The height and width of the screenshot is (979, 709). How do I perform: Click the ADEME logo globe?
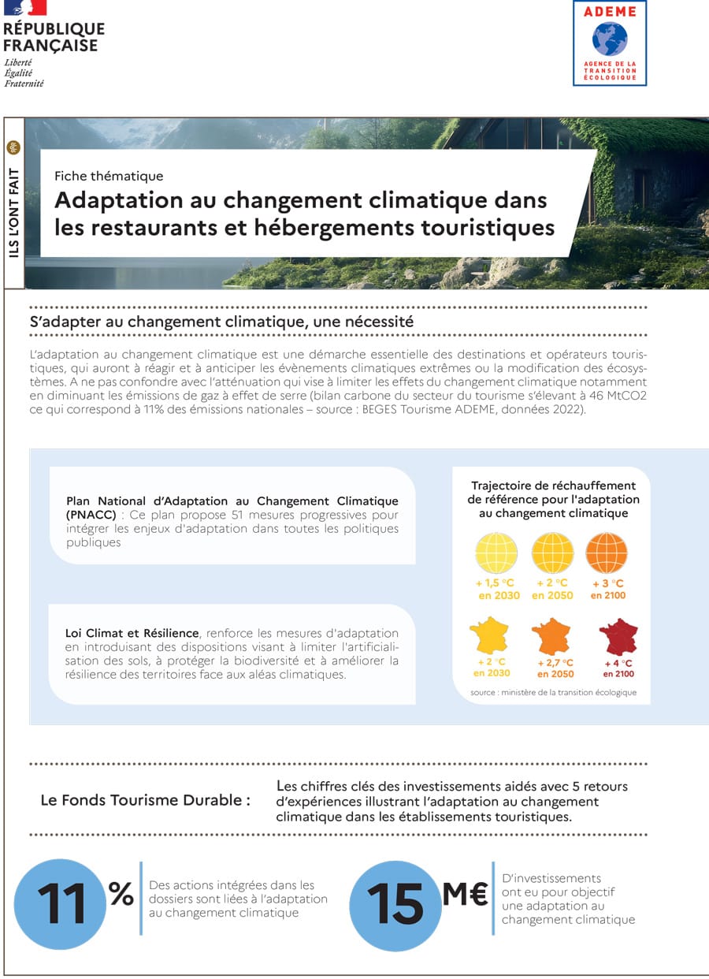pyautogui.click(x=610, y=38)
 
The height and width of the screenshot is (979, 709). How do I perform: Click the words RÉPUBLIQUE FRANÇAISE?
pyautogui.click(x=54, y=37)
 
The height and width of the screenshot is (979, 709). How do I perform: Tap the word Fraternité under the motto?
pyautogui.click(x=24, y=83)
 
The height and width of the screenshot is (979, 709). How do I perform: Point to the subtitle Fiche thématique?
pyautogui.click(x=109, y=176)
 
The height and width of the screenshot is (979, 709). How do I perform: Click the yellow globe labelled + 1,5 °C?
pyautogui.click(x=496, y=553)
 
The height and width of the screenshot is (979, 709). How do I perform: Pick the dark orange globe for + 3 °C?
pyautogui.click(x=607, y=553)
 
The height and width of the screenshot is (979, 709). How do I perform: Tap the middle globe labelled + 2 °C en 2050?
pyautogui.click(x=552, y=553)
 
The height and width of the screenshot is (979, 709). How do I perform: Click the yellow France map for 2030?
pyautogui.click(x=489, y=635)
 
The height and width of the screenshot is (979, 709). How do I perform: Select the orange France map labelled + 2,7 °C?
pyautogui.click(x=551, y=635)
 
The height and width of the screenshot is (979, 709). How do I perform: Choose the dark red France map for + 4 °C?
pyautogui.click(x=618, y=635)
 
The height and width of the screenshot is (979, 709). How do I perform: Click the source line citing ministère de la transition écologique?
pyautogui.click(x=553, y=693)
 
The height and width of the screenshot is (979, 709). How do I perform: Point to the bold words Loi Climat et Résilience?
pyautogui.click(x=132, y=633)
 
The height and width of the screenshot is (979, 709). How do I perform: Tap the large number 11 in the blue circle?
pyautogui.click(x=61, y=903)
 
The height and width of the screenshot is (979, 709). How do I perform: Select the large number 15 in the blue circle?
pyautogui.click(x=395, y=903)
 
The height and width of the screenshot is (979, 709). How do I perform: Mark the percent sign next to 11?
pyautogui.click(x=121, y=893)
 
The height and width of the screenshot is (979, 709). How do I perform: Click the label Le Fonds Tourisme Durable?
pyautogui.click(x=145, y=800)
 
